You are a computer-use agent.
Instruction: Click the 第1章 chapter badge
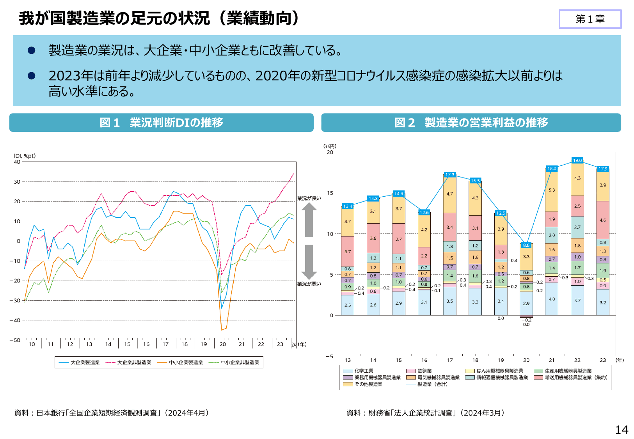pyautogui.click(x=590, y=19)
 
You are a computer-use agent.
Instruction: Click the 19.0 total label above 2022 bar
pyautogui.click(x=577, y=160)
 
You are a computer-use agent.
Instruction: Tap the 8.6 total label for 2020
pyautogui.click(x=526, y=245)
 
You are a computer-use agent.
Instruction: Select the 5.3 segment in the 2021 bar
pyautogui.click(x=552, y=190)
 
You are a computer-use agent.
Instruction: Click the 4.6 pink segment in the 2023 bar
pyautogui.click(x=603, y=220)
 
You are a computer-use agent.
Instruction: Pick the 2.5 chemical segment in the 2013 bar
pyautogui.click(x=348, y=305)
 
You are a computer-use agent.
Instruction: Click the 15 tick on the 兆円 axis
pyautogui.click(x=330, y=193)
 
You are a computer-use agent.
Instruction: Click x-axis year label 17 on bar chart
pyautogui.click(x=450, y=360)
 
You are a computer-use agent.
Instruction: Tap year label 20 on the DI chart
pyautogui.click(x=223, y=344)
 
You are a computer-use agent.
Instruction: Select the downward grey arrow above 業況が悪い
pyautogui.click(x=309, y=262)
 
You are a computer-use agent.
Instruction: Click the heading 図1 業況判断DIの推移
pyautogui.click(x=162, y=123)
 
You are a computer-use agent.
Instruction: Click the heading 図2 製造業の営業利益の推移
pyautogui.click(x=471, y=123)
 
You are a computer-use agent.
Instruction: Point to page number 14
pyautogui.click(x=622, y=430)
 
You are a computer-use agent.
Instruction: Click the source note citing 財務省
pyautogui.click(x=425, y=413)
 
